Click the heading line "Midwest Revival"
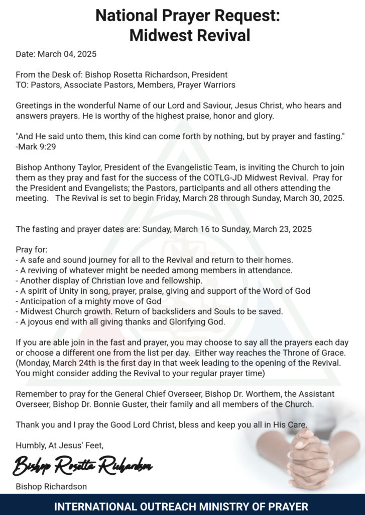click(x=189, y=35)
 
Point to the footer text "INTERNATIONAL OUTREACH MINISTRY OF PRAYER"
click(x=181, y=506)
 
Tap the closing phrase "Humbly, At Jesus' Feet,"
click(x=60, y=445)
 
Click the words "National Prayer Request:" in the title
click(x=187, y=16)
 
